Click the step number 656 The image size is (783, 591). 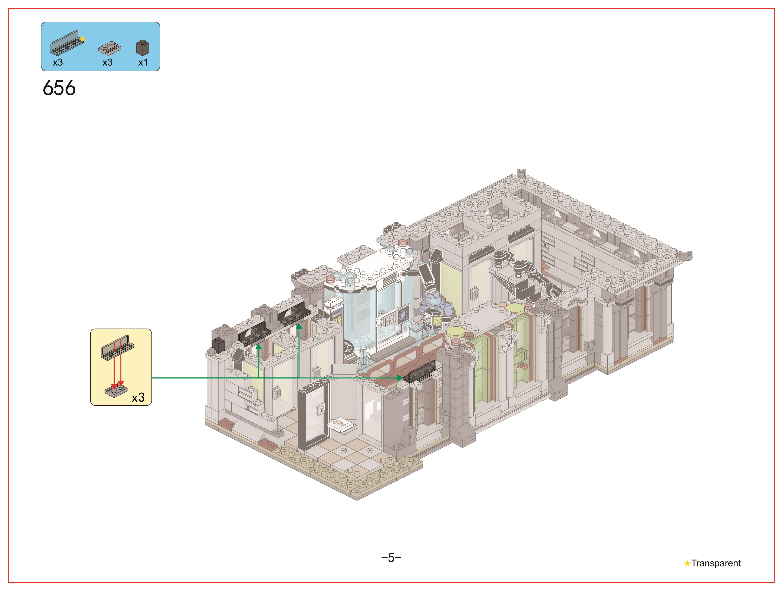pos(59,88)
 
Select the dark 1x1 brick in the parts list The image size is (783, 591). pos(143,47)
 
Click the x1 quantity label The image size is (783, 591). pos(143,63)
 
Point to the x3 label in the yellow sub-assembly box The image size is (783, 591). pos(138,397)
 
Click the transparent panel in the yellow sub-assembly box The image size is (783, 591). pos(117,348)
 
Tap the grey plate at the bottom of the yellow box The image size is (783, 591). pos(116,391)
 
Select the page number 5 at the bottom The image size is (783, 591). pos(391,558)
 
